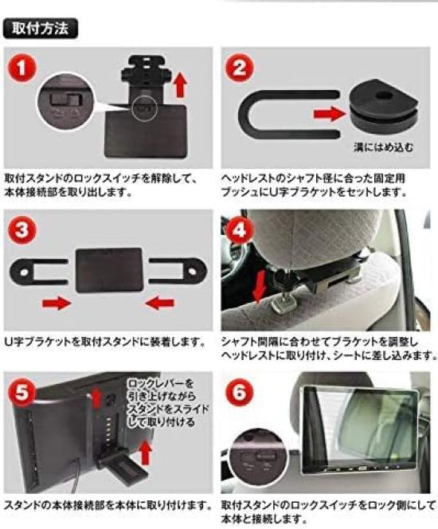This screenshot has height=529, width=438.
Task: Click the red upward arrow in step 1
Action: click(x=180, y=81)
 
